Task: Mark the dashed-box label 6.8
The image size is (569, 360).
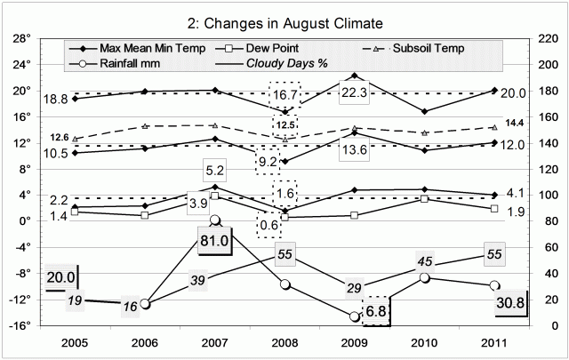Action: tap(376, 311)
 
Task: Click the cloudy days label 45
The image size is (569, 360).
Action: tap(424, 260)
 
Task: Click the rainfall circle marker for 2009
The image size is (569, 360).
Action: tap(355, 316)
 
